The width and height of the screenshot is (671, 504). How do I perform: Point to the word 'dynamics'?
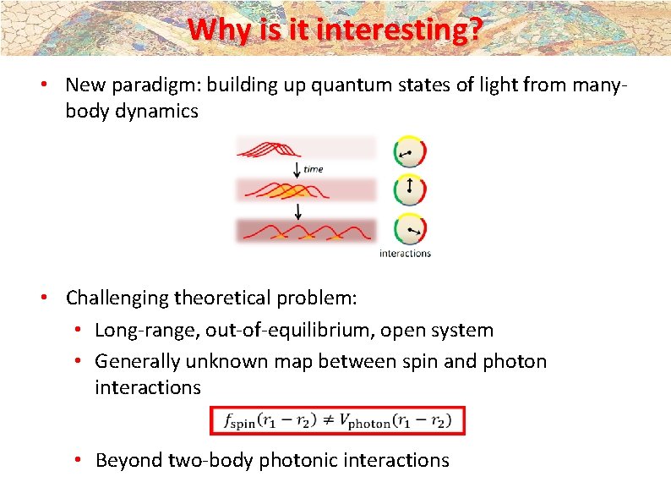click(155, 111)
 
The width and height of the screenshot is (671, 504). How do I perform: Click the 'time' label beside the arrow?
click(314, 169)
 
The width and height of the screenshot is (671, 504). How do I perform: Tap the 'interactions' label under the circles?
click(405, 253)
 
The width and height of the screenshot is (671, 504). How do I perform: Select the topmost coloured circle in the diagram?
click(410, 152)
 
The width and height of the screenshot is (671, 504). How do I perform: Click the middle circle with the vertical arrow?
click(410, 189)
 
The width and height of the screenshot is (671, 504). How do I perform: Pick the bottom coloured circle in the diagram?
click(410, 228)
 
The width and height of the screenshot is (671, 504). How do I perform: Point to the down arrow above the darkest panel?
click(297, 209)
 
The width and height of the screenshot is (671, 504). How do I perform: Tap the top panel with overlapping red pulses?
click(305, 148)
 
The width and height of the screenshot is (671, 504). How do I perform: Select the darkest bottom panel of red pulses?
click(305, 231)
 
